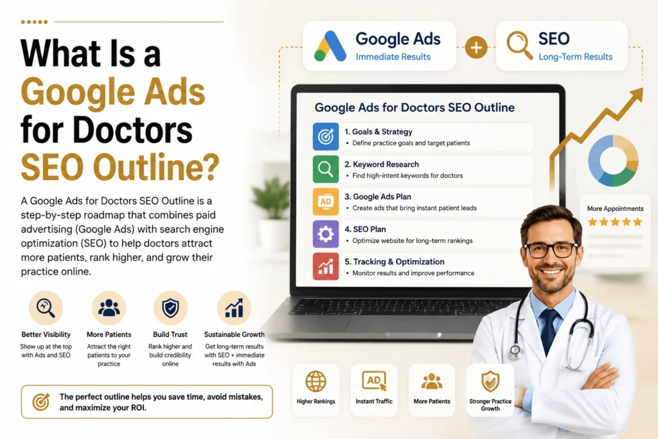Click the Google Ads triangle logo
330,46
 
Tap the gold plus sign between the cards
476,47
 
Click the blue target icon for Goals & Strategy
326,137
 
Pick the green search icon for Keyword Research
326,169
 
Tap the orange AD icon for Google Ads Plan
326,202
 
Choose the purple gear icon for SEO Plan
326,234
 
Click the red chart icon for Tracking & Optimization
326,267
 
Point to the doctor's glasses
551,250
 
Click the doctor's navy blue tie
550,332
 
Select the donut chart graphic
613,160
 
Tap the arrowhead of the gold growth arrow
636,94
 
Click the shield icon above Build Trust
170,308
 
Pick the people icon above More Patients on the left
109,308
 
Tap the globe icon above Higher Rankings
316,381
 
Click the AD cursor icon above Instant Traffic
374,381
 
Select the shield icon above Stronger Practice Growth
490,381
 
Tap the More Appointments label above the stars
615,209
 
